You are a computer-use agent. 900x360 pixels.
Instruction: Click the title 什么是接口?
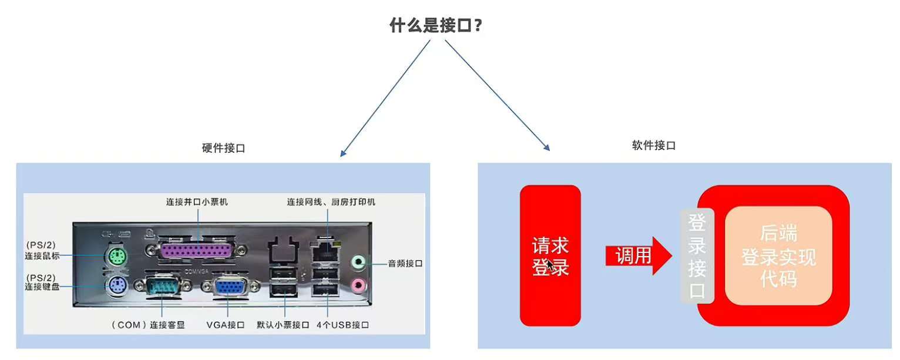[435, 26]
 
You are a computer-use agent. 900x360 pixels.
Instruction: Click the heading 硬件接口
[223, 148]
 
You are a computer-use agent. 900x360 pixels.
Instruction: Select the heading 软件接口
[653, 146]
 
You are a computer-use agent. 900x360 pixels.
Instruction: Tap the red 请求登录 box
[550, 256]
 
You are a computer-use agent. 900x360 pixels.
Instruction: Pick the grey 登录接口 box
[697, 256]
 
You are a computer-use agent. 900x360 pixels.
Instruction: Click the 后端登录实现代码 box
[778, 256]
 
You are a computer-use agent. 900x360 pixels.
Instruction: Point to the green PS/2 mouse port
[117, 256]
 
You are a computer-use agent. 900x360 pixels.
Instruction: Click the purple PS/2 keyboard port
[117, 287]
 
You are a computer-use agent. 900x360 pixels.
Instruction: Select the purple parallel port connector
[197, 250]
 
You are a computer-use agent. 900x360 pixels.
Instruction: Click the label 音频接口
[405, 264]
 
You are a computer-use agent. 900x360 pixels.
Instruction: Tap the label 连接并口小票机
[197, 202]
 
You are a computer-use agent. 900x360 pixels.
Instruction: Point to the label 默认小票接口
[283, 325]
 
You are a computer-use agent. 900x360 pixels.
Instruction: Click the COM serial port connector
[163, 288]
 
